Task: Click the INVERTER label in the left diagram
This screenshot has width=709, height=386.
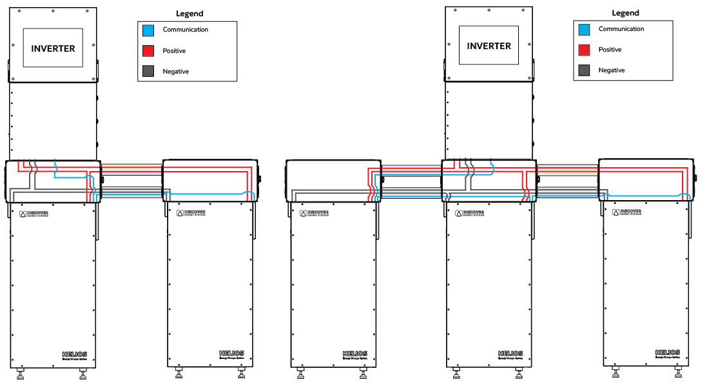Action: coord(53,48)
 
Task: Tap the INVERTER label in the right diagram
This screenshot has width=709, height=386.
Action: coord(489,46)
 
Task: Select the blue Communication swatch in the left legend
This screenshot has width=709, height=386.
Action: coord(148,30)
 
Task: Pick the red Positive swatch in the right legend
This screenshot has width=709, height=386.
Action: coord(584,50)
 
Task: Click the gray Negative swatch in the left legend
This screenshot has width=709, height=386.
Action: coord(148,72)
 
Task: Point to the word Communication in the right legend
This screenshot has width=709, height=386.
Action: coord(621,29)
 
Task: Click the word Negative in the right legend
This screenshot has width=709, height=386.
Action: coord(611,70)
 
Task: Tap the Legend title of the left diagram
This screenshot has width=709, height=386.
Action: coord(189,14)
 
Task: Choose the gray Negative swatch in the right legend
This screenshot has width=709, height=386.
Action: coord(584,70)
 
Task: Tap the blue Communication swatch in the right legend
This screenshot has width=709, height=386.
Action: coord(584,29)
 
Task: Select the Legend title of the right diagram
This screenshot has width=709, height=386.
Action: coord(625,13)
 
